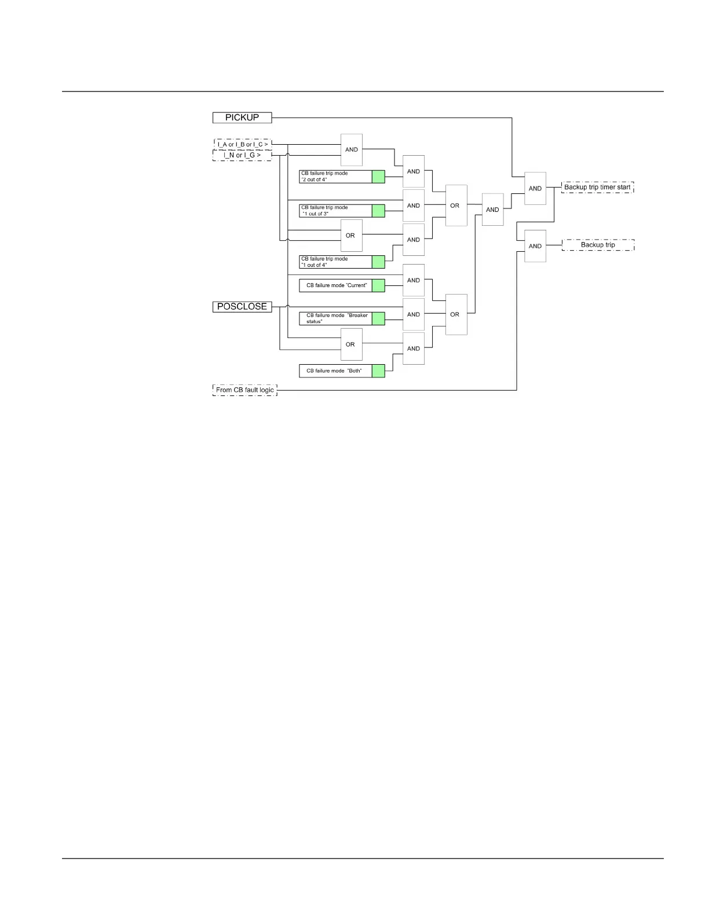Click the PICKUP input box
point(242,118)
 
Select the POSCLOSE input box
point(242,307)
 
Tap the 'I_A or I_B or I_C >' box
point(242,144)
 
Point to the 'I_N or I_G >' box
point(242,155)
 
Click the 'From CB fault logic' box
point(244,390)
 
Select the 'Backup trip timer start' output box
point(597,187)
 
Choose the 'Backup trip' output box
point(598,245)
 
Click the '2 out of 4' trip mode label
point(335,177)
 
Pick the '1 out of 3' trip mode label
point(335,211)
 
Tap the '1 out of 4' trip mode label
point(335,262)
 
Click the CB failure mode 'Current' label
point(335,285)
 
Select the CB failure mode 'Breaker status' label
point(335,318)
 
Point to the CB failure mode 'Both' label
point(335,371)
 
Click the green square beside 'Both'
point(378,371)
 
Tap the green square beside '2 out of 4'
point(378,177)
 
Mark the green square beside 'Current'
point(378,285)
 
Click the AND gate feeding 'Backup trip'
point(535,246)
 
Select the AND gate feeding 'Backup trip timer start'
point(535,189)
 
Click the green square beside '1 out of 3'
point(378,211)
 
